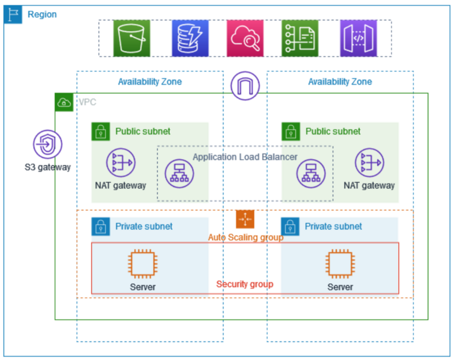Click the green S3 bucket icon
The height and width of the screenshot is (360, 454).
tap(132, 38)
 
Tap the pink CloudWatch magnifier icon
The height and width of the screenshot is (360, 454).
tap(245, 38)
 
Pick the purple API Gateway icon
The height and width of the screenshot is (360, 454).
tap(359, 38)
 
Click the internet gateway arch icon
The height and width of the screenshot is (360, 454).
tap(245, 86)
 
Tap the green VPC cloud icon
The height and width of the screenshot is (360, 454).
tap(63, 103)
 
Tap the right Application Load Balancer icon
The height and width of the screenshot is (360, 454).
tap(311, 174)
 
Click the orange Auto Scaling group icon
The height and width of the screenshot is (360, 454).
tap(245, 219)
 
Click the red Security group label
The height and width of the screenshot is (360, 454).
tap(244, 284)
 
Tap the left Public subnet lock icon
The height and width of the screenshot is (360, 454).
tap(101, 132)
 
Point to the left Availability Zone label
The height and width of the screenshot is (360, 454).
tap(150, 82)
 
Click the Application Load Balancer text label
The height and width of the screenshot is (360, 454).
tap(245, 157)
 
